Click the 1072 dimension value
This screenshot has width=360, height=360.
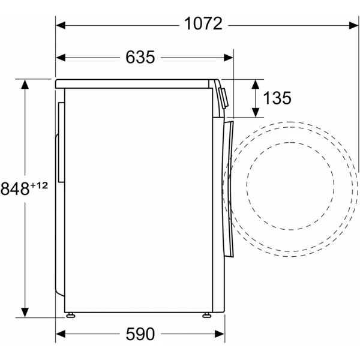coord(203,23)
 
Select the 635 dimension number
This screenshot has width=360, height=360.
coord(140,57)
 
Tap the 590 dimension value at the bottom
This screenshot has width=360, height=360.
coord(140,334)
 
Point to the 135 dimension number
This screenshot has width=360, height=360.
coord(277,98)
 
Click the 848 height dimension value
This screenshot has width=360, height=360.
coord(15,189)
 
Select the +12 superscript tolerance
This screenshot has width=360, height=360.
coord(39,185)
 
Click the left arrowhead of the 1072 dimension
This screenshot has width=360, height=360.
coord(61,25)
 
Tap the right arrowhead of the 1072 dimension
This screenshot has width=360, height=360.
coord(353,25)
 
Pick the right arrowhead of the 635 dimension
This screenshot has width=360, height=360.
coord(229,58)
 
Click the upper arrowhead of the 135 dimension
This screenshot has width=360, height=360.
coord(256,84)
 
